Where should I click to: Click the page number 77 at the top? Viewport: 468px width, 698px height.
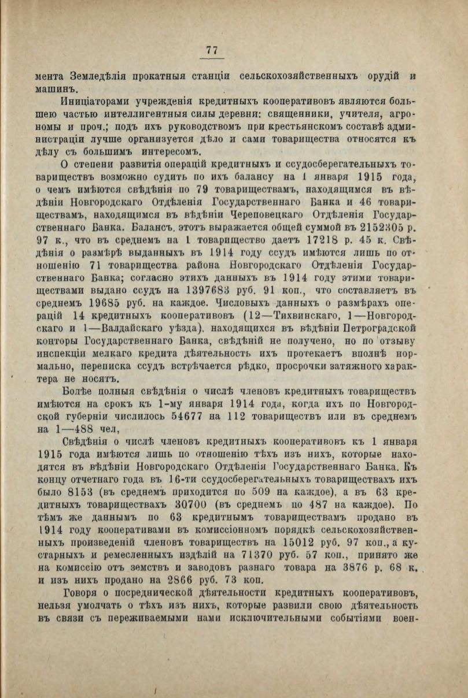(212, 51)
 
